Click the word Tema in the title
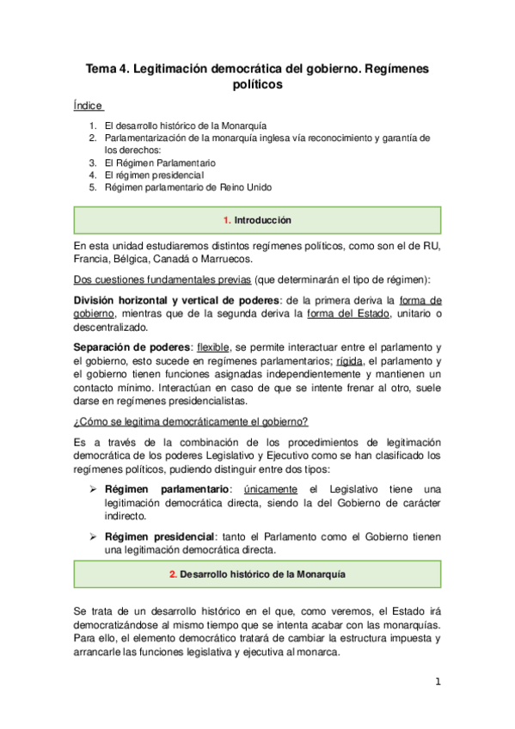click(101, 67)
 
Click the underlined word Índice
click(89, 107)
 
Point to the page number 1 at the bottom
click(437, 682)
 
